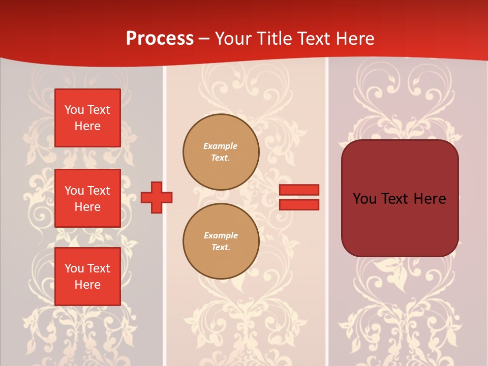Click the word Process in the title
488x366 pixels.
pyautogui.click(x=160, y=39)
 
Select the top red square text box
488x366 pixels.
pyautogui.click(x=87, y=118)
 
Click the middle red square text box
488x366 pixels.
pyautogui.click(x=87, y=198)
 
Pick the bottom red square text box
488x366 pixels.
pyautogui.click(x=87, y=277)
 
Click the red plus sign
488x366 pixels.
pyautogui.click(x=157, y=197)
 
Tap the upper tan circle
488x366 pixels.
pyautogui.click(x=221, y=152)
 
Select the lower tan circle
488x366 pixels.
pyautogui.click(x=221, y=241)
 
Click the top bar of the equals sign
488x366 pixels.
pyautogui.click(x=299, y=190)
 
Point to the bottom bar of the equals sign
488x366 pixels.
pyautogui.click(x=299, y=204)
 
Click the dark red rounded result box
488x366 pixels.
pyautogui.click(x=400, y=198)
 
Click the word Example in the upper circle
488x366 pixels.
pyautogui.click(x=220, y=146)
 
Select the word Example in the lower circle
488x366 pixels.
pyautogui.click(x=221, y=235)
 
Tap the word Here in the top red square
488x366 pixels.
pyautogui.click(x=87, y=126)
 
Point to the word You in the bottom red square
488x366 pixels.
pyautogui.click(x=74, y=268)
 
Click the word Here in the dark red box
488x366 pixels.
pyautogui.click(x=430, y=199)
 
